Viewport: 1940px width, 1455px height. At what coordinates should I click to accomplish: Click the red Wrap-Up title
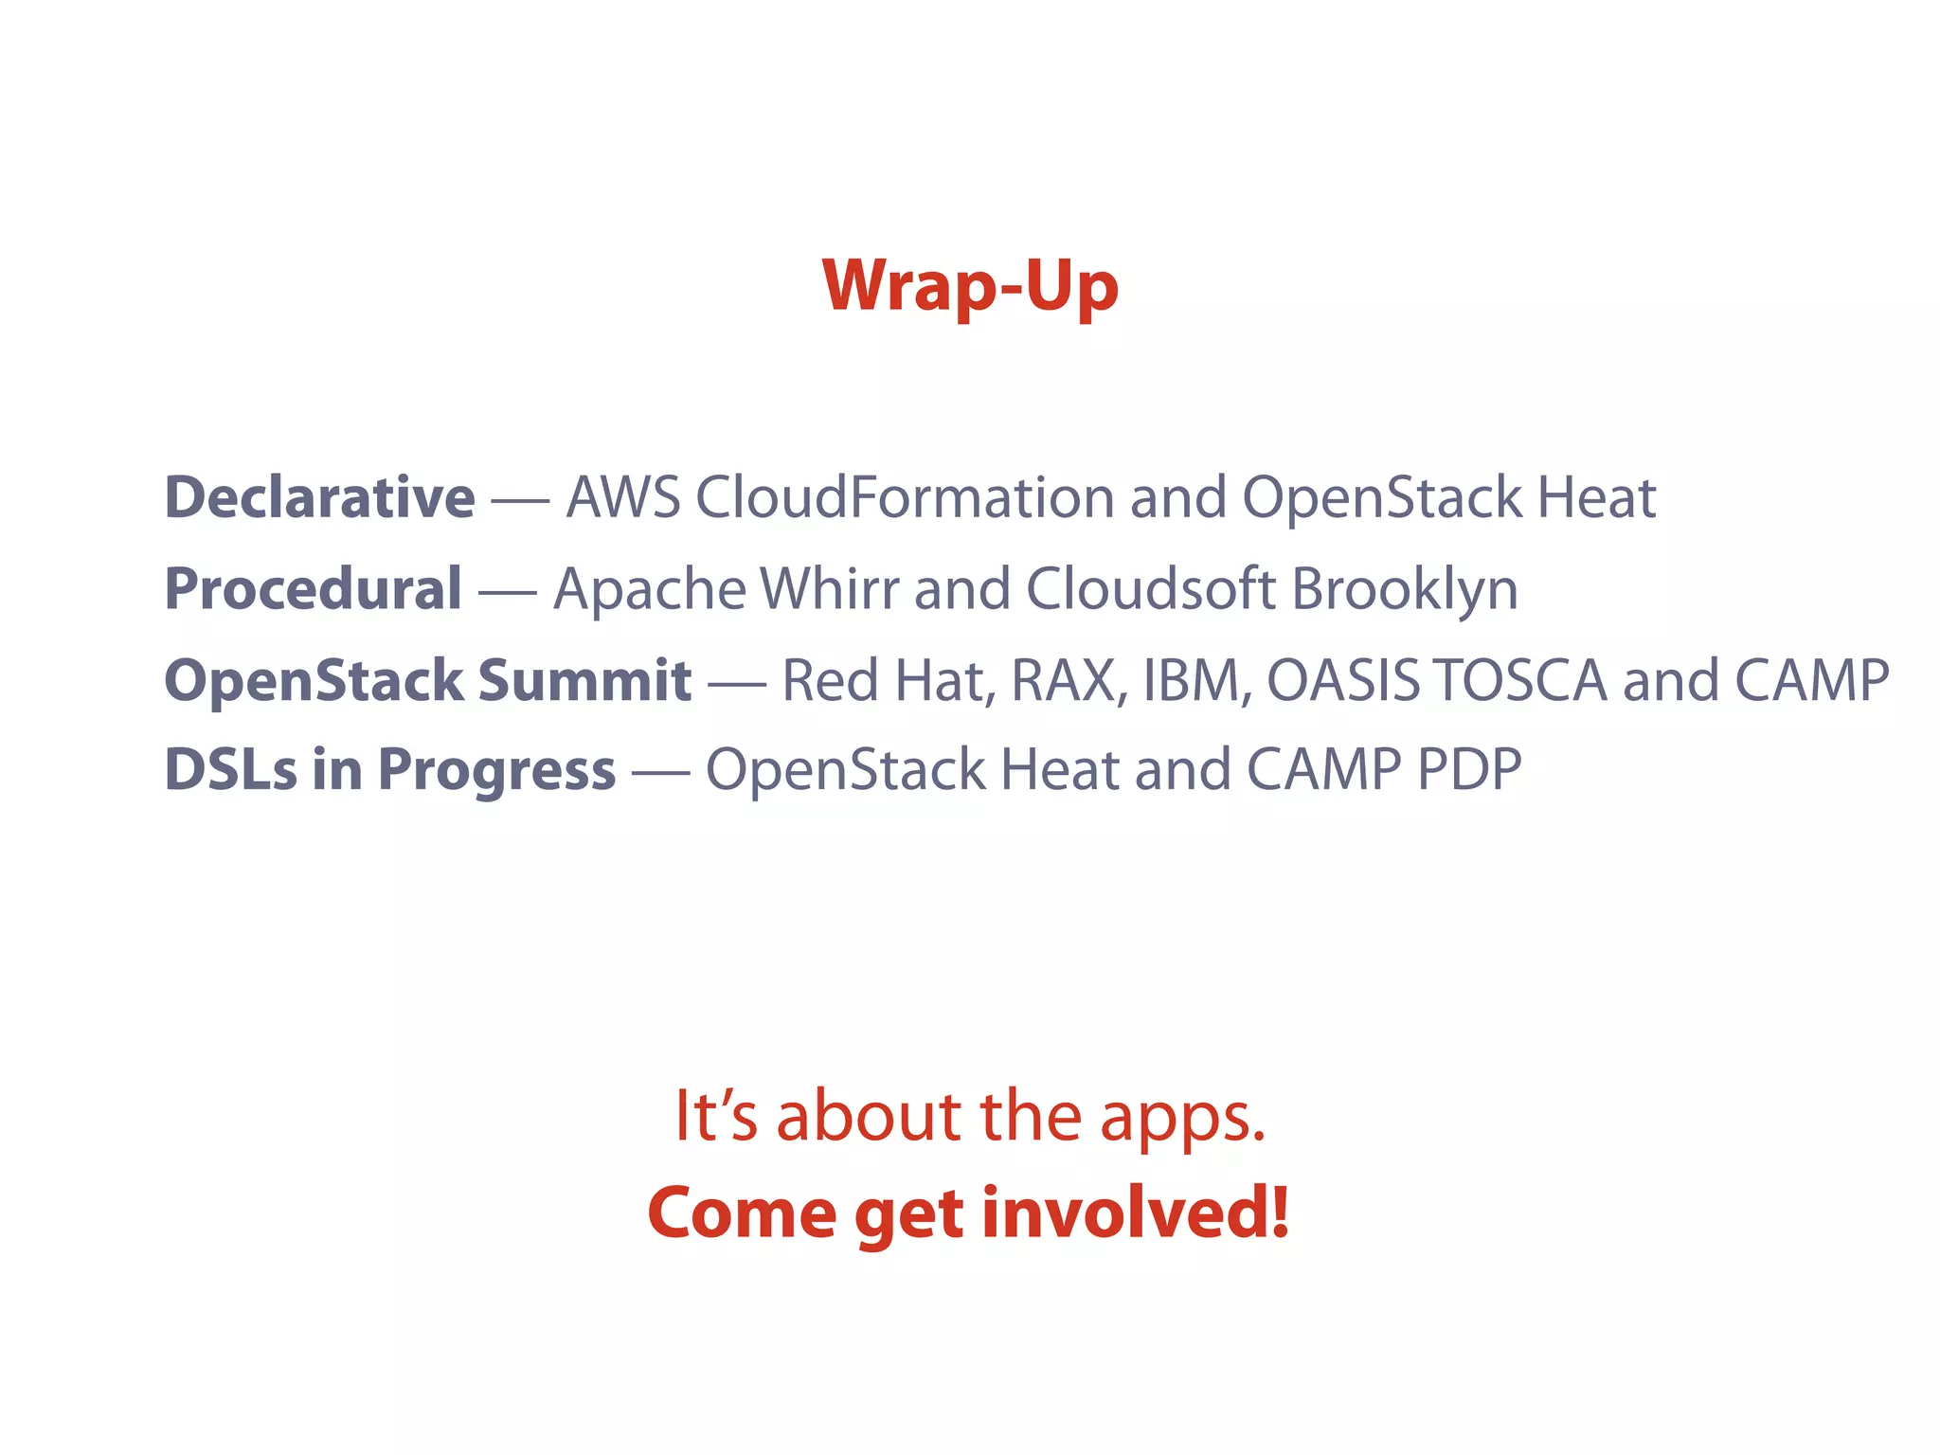point(970,286)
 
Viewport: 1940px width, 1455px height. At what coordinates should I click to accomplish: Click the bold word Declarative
point(319,498)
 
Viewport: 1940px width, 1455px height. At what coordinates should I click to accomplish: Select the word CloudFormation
point(905,498)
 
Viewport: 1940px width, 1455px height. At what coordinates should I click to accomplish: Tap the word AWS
point(622,498)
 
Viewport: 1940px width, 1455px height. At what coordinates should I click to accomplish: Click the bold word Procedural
point(314,589)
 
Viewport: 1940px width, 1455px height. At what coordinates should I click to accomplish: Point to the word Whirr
point(830,589)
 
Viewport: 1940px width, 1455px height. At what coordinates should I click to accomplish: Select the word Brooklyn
point(1405,589)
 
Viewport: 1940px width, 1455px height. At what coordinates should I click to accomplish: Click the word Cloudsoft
point(1150,589)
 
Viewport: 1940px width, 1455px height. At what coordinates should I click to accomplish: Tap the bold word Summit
point(584,680)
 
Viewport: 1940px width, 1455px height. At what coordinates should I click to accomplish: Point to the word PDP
point(1469,769)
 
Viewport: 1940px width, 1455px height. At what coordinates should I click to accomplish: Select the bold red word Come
point(742,1214)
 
